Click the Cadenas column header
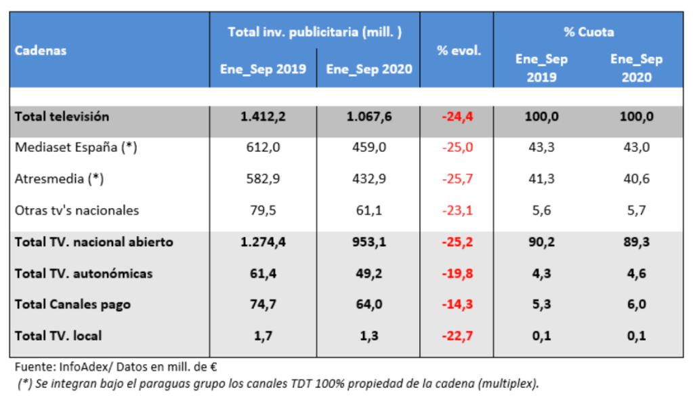(x=41, y=51)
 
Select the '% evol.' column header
(x=459, y=51)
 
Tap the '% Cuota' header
(x=589, y=32)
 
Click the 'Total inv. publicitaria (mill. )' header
(x=315, y=32)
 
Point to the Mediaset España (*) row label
(x=76, y=148)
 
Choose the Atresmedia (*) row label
(x=60, y=179)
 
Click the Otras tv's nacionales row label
(x=77, y=210)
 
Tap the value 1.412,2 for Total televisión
(x=263, y=117)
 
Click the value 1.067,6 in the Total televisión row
(x=369, y=117)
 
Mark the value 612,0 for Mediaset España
(x=263, y=148)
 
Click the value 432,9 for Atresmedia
(x=369, y=179)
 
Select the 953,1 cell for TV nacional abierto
(x=369, y=242)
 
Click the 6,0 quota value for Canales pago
(x=636, y=304)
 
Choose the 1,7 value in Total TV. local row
(x=263, y=336)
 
